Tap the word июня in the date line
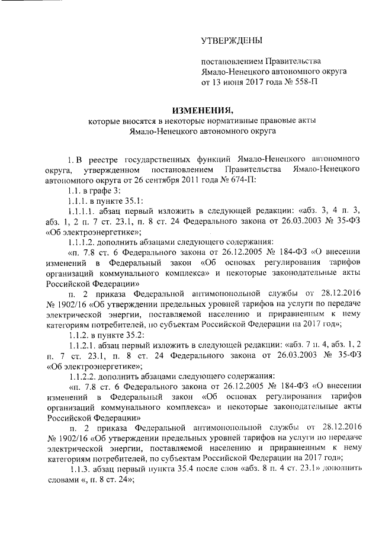pos(238,82)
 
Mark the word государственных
pos(159,160)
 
